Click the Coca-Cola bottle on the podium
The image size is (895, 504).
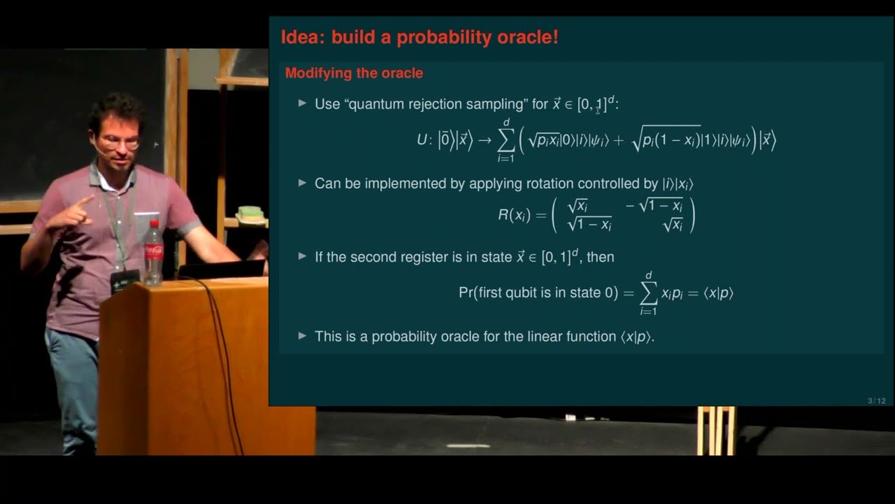click(153, 255)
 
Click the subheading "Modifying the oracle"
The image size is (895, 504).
click(354, 73)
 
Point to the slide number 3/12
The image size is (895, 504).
click(876, 400)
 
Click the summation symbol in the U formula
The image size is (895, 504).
click(506, 140)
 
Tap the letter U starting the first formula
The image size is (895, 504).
click(422, 140)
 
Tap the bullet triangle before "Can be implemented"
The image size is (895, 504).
click(302, 183)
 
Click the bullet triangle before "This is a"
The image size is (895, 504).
click(302, 336)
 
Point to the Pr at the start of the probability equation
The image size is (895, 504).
click(466, 293)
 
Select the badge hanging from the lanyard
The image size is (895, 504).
click(124, 279)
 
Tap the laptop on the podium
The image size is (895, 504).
click(221, 269)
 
